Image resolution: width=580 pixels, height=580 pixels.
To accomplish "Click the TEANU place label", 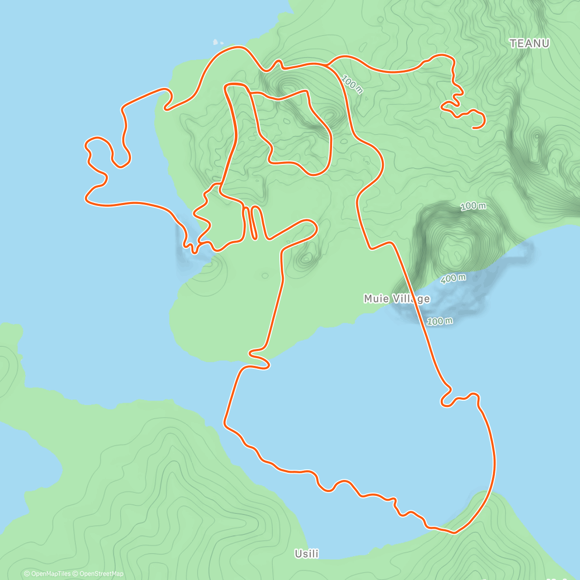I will coord(530,43).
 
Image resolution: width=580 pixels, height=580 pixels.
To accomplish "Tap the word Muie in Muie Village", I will coord(376,299).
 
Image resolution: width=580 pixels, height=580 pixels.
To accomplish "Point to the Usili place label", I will coord(307,554).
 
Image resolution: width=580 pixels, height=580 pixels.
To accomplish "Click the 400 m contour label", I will coord(453,279).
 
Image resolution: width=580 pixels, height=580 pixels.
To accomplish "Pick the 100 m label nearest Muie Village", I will coord(440,321).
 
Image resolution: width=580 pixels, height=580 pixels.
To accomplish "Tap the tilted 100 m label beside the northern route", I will coord(351,84).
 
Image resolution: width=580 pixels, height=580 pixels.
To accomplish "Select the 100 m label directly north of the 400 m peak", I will coord(473,207).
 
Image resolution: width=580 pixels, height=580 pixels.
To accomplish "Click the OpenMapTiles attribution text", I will coord(47,574).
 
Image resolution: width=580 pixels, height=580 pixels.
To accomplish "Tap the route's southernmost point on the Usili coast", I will coord(453,533).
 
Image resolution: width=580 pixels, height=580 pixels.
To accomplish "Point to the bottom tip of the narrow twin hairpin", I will coord(254,237).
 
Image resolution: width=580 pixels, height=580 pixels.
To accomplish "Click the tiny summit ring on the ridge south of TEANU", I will coord(536,136).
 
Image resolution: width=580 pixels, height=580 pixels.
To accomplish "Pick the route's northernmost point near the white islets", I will coord(238,47).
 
